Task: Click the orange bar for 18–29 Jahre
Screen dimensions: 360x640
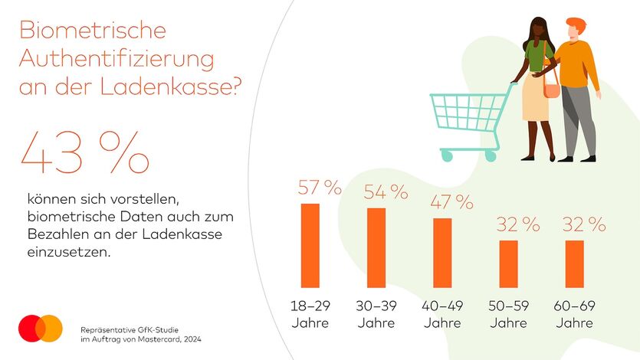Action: point(310,245)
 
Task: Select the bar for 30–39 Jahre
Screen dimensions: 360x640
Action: point(376,247)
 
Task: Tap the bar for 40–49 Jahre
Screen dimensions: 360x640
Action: point(442,253)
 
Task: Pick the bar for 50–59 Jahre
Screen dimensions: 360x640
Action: point(508,263)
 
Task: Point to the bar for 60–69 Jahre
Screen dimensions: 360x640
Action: point(574,263)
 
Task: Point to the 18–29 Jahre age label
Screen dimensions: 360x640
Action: point(310,314)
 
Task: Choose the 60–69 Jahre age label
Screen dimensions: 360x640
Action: point(574,314)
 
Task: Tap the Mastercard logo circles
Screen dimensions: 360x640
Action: point(41,328)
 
